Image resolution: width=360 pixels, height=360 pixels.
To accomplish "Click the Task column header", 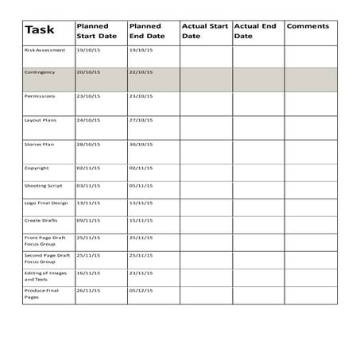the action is [40, 31].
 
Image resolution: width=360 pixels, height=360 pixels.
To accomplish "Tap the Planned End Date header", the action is [147, 31].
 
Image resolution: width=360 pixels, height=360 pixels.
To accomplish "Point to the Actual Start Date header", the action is [203, 31].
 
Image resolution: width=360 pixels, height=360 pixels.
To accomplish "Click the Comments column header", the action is [308, 26].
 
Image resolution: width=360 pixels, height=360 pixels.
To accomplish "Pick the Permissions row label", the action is [40, 96].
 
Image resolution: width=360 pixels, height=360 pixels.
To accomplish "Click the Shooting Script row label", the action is [43, 185].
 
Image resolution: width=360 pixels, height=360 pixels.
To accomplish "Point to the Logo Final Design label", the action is [46, 203].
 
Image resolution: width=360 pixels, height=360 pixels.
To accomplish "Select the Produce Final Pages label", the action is [41, 293].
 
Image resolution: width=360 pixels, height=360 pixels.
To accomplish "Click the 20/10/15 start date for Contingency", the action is [87, 72].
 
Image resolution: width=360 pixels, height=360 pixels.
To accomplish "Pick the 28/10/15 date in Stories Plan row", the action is [87, 145].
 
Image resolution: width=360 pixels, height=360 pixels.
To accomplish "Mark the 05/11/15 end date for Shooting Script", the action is [141, 185].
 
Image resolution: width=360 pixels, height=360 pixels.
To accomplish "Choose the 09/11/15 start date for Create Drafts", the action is [87, 220].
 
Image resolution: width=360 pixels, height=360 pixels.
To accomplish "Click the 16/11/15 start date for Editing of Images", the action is [87, 273].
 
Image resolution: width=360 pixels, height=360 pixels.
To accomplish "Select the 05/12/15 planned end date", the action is [141, 290].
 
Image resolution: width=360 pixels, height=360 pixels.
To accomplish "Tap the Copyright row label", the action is [37, 168].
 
